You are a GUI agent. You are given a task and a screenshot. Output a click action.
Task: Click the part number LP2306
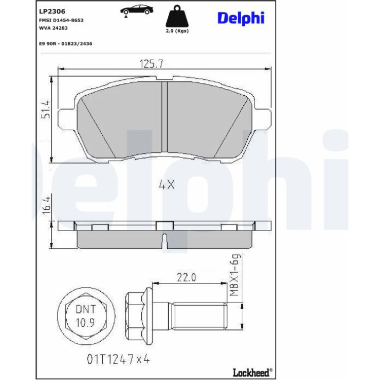pos(52,11)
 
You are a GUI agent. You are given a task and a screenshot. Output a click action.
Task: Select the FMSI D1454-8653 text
pos(61,20)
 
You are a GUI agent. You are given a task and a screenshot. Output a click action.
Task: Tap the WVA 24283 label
pos(53,28)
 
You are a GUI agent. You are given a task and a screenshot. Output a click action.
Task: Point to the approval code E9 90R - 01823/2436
pos(66,44)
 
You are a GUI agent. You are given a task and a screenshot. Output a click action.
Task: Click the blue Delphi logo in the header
pos(241,18)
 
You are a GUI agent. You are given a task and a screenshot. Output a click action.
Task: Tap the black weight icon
pos(177,16)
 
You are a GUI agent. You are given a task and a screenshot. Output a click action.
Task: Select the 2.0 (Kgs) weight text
pos(177,31)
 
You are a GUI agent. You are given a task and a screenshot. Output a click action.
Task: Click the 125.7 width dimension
pos(152,64)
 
